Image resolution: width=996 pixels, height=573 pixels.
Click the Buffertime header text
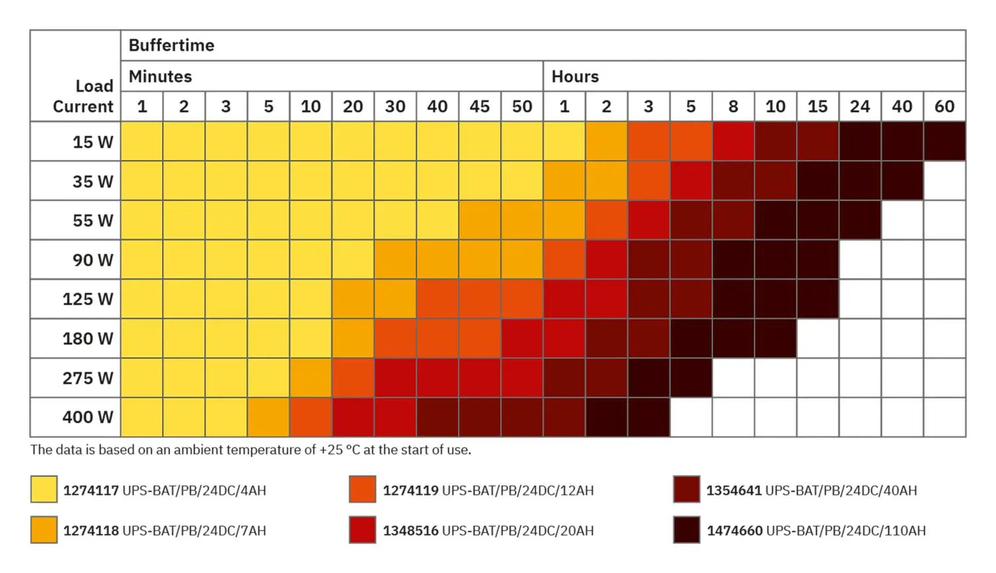point(171,45)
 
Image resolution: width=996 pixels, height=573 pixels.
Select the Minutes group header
point(160,76)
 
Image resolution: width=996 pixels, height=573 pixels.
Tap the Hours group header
point(575,76)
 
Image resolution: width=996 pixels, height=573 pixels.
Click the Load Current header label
point(83,96)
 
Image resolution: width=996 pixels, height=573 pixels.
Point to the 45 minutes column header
point(479,106)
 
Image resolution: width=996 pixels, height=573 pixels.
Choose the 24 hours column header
point(860,106)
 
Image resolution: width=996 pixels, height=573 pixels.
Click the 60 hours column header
point(944,106)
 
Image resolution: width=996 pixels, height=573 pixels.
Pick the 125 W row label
point(88,299)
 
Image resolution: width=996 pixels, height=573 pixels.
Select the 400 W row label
point(88,417)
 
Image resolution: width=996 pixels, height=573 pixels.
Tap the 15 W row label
point(93,142)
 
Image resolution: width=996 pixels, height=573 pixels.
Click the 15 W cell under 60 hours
point(944,141)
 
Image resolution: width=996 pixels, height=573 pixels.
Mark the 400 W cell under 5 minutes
point(268,417)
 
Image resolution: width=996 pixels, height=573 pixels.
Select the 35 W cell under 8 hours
point(733,181)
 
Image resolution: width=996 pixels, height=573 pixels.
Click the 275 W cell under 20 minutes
point(353,378)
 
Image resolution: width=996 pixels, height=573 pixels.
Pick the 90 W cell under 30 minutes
point(395,260)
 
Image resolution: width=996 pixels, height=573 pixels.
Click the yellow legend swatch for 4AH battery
point(44,489)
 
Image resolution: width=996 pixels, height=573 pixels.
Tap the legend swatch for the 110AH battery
point(687,530)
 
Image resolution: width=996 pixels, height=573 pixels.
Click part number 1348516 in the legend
point(410,531)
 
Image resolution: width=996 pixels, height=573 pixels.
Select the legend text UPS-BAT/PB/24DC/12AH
point(518,491)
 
